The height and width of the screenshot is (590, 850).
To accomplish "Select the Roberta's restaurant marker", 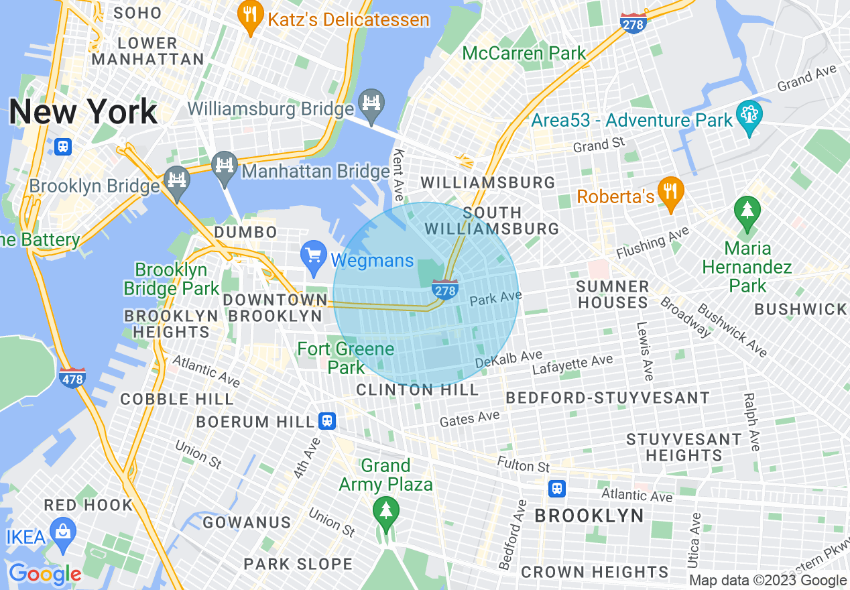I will (670, 192).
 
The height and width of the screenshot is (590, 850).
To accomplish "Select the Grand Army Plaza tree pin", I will (385, 512).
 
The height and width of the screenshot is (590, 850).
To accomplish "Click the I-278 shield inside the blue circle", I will (445, 289).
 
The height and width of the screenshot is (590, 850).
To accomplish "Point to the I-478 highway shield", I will (72, 377).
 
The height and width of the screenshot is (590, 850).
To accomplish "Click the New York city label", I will (83, 112).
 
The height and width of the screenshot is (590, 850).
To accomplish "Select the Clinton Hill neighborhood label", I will (417, 390).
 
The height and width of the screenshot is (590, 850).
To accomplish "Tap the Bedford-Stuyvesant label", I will (607, 398).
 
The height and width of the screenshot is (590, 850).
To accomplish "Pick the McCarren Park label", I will (524, 53).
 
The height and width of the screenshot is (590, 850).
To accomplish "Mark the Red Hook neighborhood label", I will (88, 505).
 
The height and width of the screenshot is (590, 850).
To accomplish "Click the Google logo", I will (45, 575).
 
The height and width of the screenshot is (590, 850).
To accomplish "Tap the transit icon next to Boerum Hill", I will (327, 420).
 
